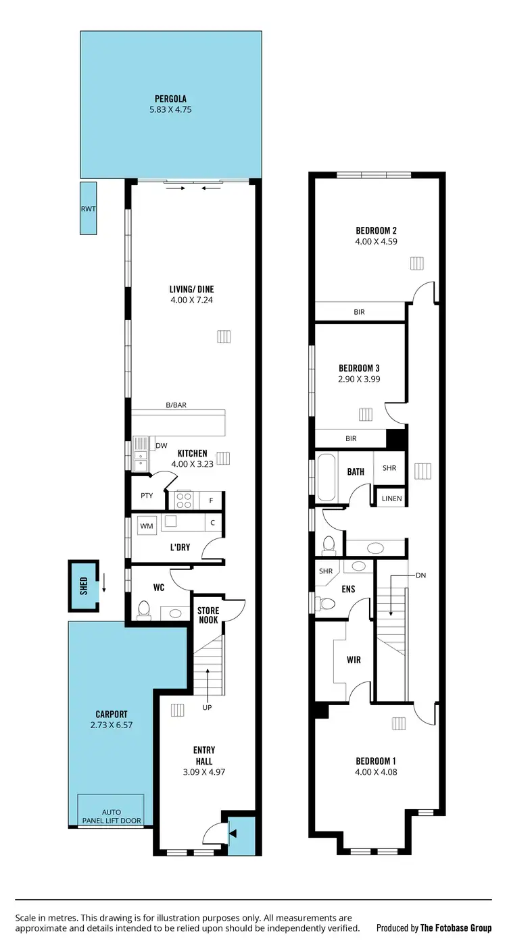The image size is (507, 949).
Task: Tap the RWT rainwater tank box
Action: pyautogui.click(x=88, y=209)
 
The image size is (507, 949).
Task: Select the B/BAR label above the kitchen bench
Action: pyautogui.click(x=176, y=405)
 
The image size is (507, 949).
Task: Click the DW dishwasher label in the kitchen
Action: pyautogui.click(x=161, y=446)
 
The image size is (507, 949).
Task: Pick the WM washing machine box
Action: pyautogui.click(x=147, y=525)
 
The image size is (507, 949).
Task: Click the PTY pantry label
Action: pyautogui.click(x=147, y=495)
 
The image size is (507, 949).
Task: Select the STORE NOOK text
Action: pyautogui.click(x=208, y=615)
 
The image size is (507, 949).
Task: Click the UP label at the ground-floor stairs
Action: pyautogui.click(x=208, y=707)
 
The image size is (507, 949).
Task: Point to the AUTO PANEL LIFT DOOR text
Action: pyautogui.click(x=111, y=816)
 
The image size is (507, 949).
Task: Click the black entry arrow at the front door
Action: pyautogui.click(x=233, y=834)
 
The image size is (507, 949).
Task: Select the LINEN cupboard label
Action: pyautogui.click(x=391, y=498)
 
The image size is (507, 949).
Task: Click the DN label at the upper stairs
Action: pyautogui.click(x=420, y=575)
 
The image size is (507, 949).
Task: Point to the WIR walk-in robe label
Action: pyautogui.click(x=352, y=659)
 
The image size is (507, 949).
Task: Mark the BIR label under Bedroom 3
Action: pyautogui.click(x=351, y=438)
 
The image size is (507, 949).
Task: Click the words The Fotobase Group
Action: pyautogui.click(x=456, y=928)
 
